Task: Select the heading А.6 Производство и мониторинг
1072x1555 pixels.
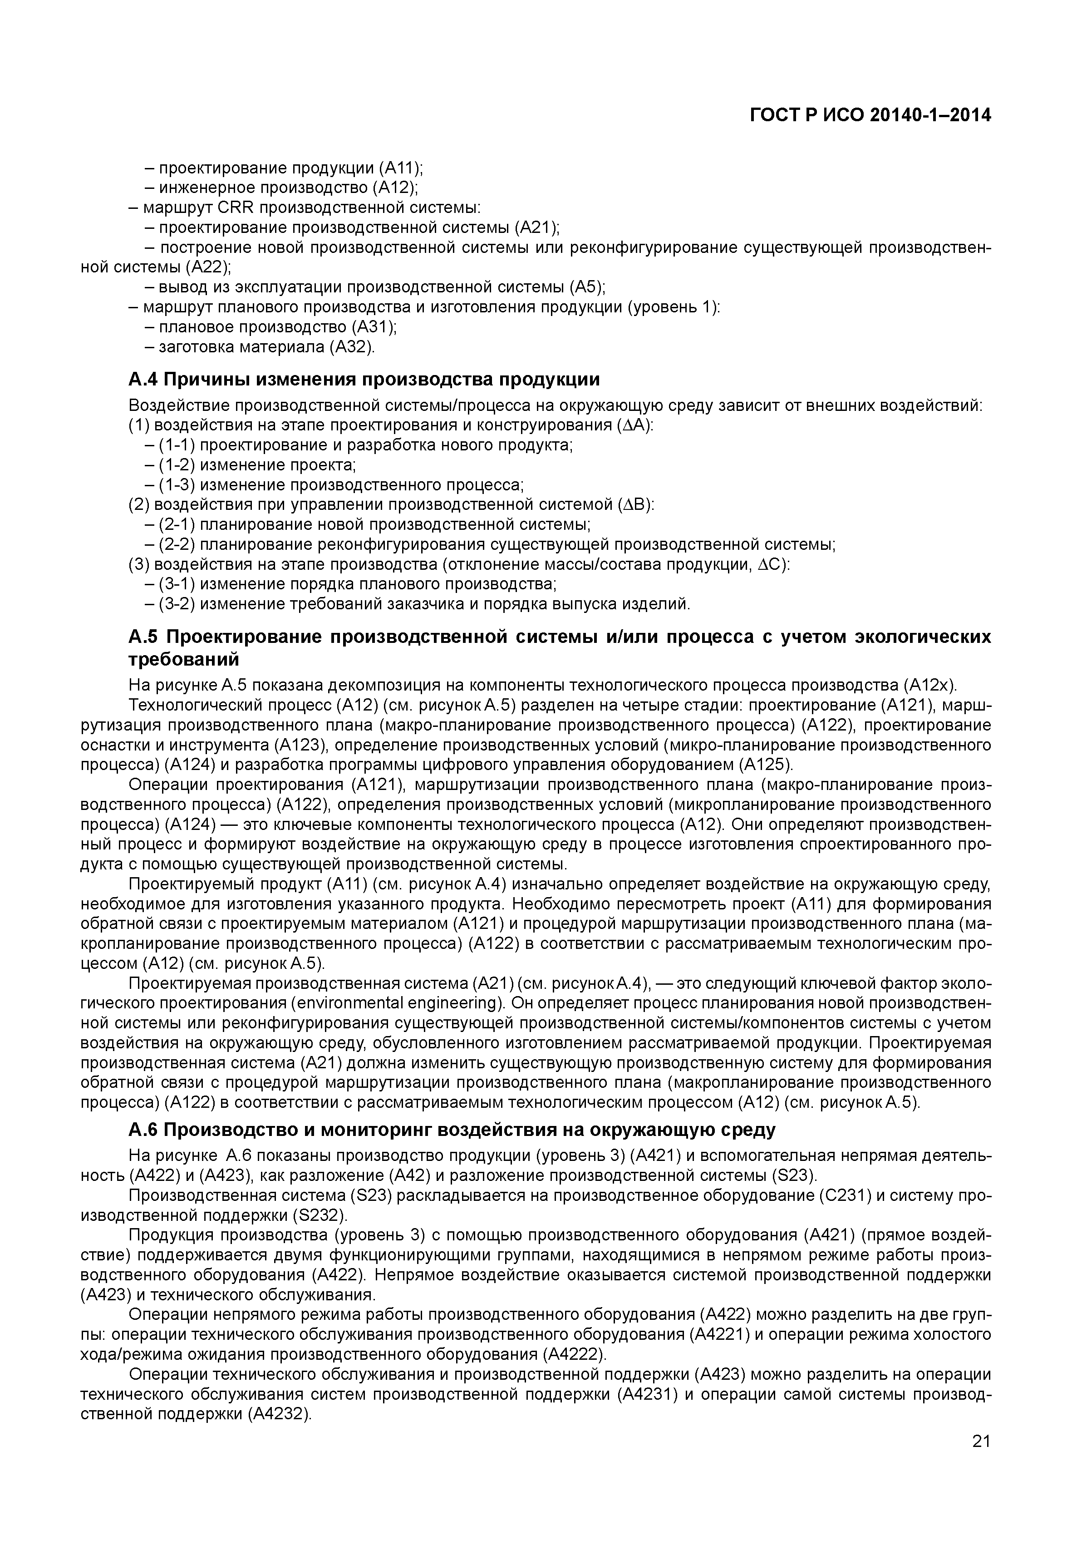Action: [x=452, y=1130]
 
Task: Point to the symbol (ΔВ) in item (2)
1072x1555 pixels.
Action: [x=635, y=505]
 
